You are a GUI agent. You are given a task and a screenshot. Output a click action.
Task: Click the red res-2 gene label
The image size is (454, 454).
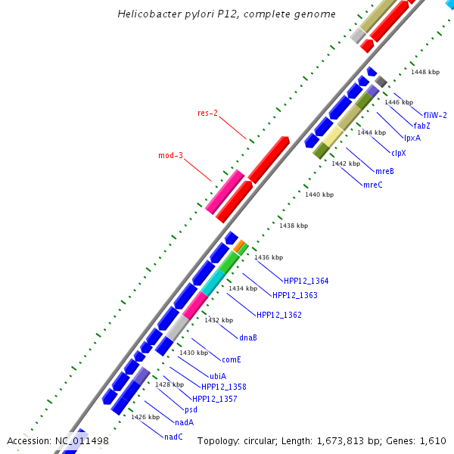208,113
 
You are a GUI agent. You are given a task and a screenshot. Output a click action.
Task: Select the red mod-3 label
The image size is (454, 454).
170,156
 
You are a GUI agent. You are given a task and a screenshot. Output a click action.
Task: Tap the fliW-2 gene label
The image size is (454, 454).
435,115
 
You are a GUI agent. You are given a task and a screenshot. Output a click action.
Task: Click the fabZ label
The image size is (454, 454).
421,126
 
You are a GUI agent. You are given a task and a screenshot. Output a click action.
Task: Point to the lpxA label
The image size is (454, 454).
412,138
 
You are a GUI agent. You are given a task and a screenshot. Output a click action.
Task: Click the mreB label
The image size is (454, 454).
384,171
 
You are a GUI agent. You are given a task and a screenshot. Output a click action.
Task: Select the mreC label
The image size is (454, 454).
373,185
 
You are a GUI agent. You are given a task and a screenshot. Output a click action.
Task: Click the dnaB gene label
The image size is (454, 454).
248,337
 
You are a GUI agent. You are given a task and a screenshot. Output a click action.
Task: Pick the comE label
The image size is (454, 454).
231,359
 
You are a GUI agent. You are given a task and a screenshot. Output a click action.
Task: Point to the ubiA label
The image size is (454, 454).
218,376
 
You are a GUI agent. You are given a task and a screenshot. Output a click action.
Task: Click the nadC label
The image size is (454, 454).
173,437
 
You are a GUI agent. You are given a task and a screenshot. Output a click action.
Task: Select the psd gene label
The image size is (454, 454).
191,409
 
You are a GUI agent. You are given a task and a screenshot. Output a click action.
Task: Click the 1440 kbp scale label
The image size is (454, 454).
319,194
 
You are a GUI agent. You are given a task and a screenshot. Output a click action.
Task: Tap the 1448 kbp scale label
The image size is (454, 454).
425,73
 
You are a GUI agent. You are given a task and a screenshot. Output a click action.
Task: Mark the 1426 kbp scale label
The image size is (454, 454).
145,417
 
